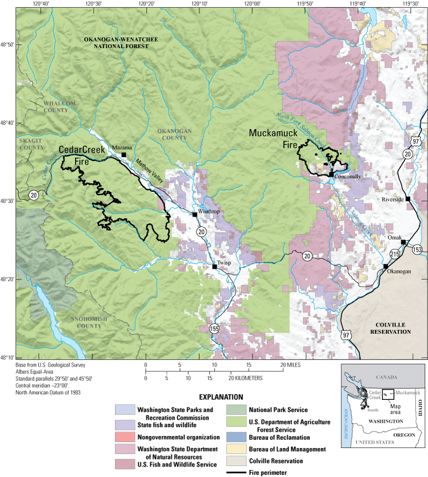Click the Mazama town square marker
point(124,155)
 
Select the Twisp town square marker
point(215,267)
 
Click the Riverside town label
point(392,199)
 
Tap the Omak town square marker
point(403,242)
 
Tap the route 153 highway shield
point(417,250)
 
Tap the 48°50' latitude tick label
point(7,45)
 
